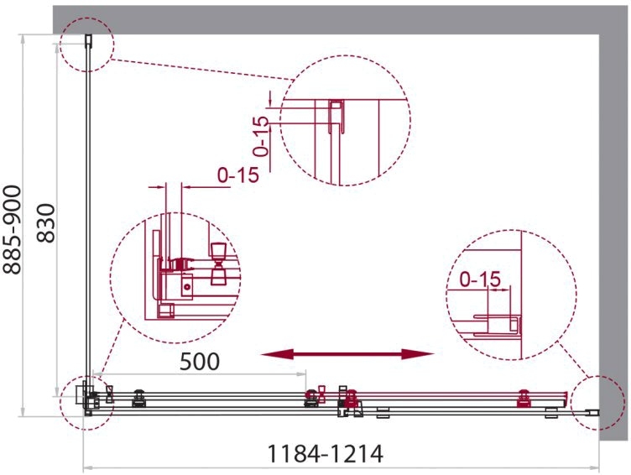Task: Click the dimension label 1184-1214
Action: click(326, 454)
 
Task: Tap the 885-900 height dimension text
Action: click(12, 230)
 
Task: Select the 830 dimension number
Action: click(45, 223)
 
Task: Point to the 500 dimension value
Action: click(200, 362)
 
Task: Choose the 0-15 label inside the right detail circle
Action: click(480, 279)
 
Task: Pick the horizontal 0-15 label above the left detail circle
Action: click(237, 175)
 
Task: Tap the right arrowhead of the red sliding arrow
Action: click(418, 354)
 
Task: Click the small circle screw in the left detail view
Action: click(187, 287)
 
